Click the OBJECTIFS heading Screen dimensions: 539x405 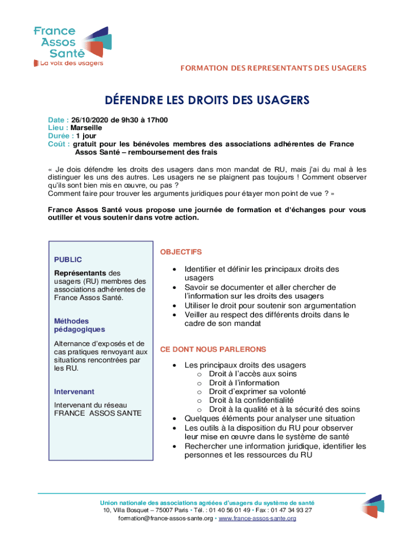(x=181, y=252)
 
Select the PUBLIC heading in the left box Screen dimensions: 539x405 (x=68, y=259)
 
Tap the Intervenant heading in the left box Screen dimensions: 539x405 (x=74, y=392)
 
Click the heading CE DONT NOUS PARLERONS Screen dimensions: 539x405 (x=213, y=349)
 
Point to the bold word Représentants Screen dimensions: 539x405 (x=80, y=273)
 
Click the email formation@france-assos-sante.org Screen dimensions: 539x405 (x=165, y=518)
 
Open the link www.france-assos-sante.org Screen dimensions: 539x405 (x=257, y=518)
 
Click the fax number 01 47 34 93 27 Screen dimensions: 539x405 (x=293, y=510)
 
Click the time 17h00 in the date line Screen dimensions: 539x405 (x=157, y=120)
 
